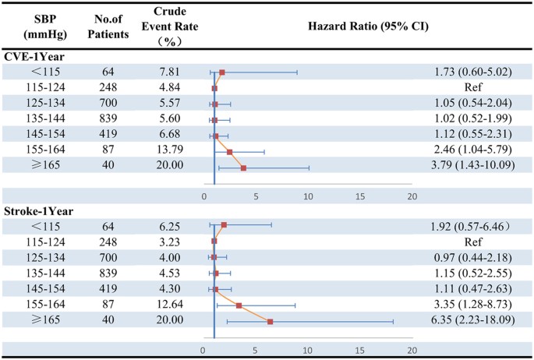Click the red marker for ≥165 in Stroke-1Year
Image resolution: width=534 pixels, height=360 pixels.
(x=270, y=321)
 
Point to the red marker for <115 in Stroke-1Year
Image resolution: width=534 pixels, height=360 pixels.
(x=224, y=225)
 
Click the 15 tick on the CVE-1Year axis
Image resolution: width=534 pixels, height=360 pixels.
(x=360, y=196)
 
